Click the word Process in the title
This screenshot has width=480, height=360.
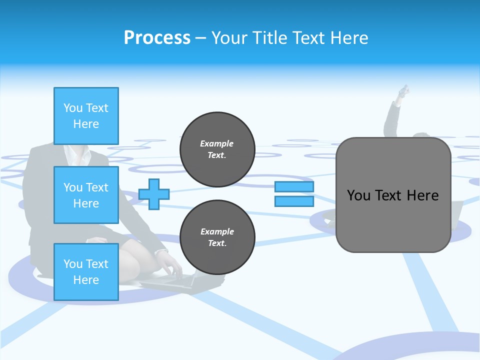click(x=157, y=38)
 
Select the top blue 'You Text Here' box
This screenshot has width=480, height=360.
click(x=86, y=116)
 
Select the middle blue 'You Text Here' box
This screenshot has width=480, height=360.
click(x=86, y=195)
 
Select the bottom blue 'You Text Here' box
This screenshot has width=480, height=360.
click(x=86, y=272)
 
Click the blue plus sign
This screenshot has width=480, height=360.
click(x=153, y=194)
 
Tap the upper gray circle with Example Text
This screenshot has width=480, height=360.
click(x=217, y=149)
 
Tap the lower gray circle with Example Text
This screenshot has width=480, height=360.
click(x=217, y=237)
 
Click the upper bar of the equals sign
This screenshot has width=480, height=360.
click(x=294, y=187)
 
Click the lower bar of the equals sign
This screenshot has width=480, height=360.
click(x=294, y=201)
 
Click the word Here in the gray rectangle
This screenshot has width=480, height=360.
click(x=422, y=195)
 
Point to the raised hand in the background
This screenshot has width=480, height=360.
click(x=403, y=92)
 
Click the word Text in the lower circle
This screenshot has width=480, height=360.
click(x=216, y=243)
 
